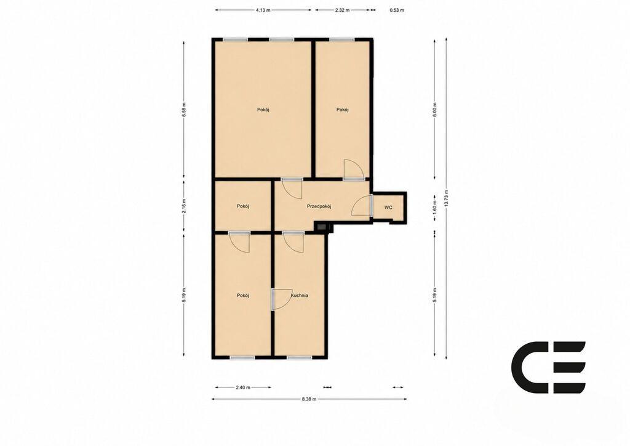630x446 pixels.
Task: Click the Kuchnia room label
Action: pos(300,295)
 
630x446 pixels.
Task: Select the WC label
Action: pos(388,208)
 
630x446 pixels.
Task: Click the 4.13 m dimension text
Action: pos(263,10)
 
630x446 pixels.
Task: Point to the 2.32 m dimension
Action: pos(342,10)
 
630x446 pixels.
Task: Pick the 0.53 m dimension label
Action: pos(397,10)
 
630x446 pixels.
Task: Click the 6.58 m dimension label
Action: pos(184,110)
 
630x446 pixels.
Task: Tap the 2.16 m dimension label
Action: pos(184,206)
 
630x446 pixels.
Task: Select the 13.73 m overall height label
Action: pos(447,198)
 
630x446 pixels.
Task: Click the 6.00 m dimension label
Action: pos(434,110)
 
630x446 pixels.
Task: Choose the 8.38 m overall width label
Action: pos(309,399)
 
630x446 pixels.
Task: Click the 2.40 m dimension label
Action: pos(242,387)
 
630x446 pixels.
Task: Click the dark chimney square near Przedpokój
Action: pos(322,228)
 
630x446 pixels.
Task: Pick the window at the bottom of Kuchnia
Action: pos(300,357)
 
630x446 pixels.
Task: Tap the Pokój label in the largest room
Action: pos(263,110)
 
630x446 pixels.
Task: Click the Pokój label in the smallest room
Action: pos(243,206)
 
